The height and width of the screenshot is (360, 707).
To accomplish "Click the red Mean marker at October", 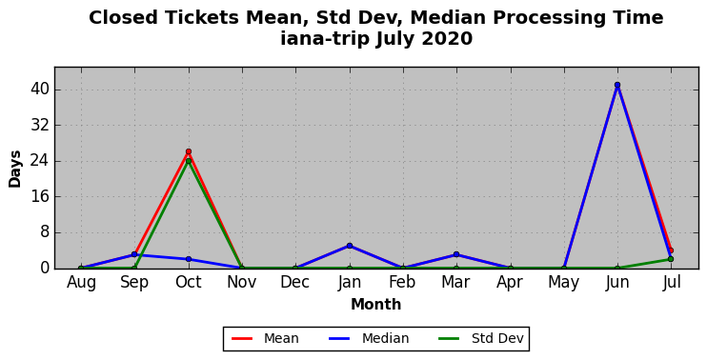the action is point(189,151).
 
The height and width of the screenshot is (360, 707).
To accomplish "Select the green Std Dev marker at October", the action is point(189,161).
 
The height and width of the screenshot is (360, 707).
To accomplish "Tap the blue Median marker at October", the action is point(189,259).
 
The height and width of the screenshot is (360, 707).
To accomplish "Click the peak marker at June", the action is point(617,85).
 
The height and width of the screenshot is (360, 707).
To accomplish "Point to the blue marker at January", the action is point(350,246).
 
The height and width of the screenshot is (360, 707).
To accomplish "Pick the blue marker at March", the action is point(456,254).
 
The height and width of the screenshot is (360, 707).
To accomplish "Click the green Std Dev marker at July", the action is point(671,259).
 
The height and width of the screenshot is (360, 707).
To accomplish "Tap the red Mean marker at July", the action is point(671,250).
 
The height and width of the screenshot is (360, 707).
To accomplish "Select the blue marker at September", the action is point(134,254).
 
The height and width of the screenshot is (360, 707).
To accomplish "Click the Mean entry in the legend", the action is point(265,338).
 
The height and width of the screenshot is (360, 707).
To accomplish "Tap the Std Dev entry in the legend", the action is point(480,338).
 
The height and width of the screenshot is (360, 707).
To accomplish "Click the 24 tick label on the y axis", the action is point(39,161).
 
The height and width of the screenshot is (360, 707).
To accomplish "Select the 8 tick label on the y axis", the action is point(44,233).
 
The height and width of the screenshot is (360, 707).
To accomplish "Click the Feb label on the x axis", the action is point(403,283).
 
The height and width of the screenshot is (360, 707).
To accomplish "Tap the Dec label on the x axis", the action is point(295,283).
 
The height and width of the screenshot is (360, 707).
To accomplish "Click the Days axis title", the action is point(15,169).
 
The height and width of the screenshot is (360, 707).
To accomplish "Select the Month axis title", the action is point(376,305).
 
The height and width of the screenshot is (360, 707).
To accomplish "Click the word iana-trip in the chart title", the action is point(325,39).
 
